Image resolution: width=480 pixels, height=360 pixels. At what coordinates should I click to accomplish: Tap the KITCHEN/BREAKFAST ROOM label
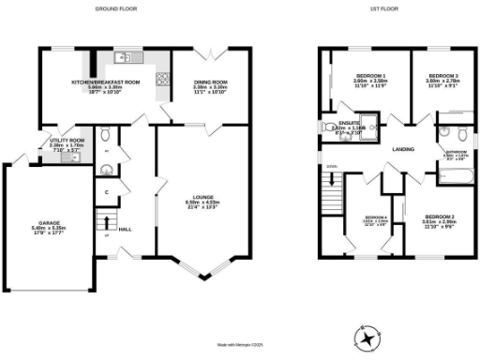pos(105,82)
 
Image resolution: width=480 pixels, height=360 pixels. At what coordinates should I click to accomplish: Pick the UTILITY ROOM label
pos(67,140)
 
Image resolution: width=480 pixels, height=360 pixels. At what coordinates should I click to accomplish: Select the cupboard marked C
pos(108,193)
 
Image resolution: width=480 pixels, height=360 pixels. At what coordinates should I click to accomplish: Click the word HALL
pos(124,229)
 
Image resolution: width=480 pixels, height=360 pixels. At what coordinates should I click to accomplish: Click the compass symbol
pos(368,335)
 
